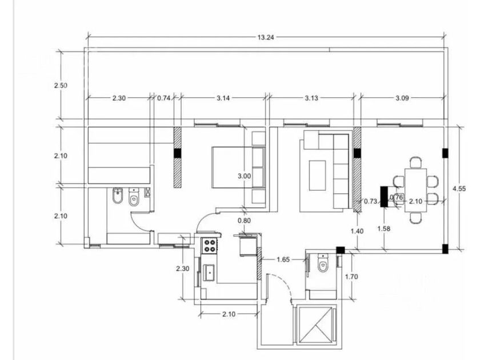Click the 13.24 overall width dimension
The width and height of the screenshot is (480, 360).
pos(265,37)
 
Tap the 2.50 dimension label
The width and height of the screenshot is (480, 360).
pos(61,85)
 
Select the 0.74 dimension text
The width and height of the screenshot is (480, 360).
pos(164,98)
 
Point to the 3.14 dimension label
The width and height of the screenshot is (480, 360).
pos(223,98)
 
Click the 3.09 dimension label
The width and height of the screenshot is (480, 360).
pos(402,98)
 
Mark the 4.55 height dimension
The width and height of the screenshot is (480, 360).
pos(459,189)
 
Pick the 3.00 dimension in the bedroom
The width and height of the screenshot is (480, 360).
pos(245,176)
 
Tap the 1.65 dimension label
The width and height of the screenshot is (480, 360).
pos(283,259)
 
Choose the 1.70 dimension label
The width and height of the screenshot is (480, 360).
pos(351,277)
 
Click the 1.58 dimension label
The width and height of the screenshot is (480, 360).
pos(383,229)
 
